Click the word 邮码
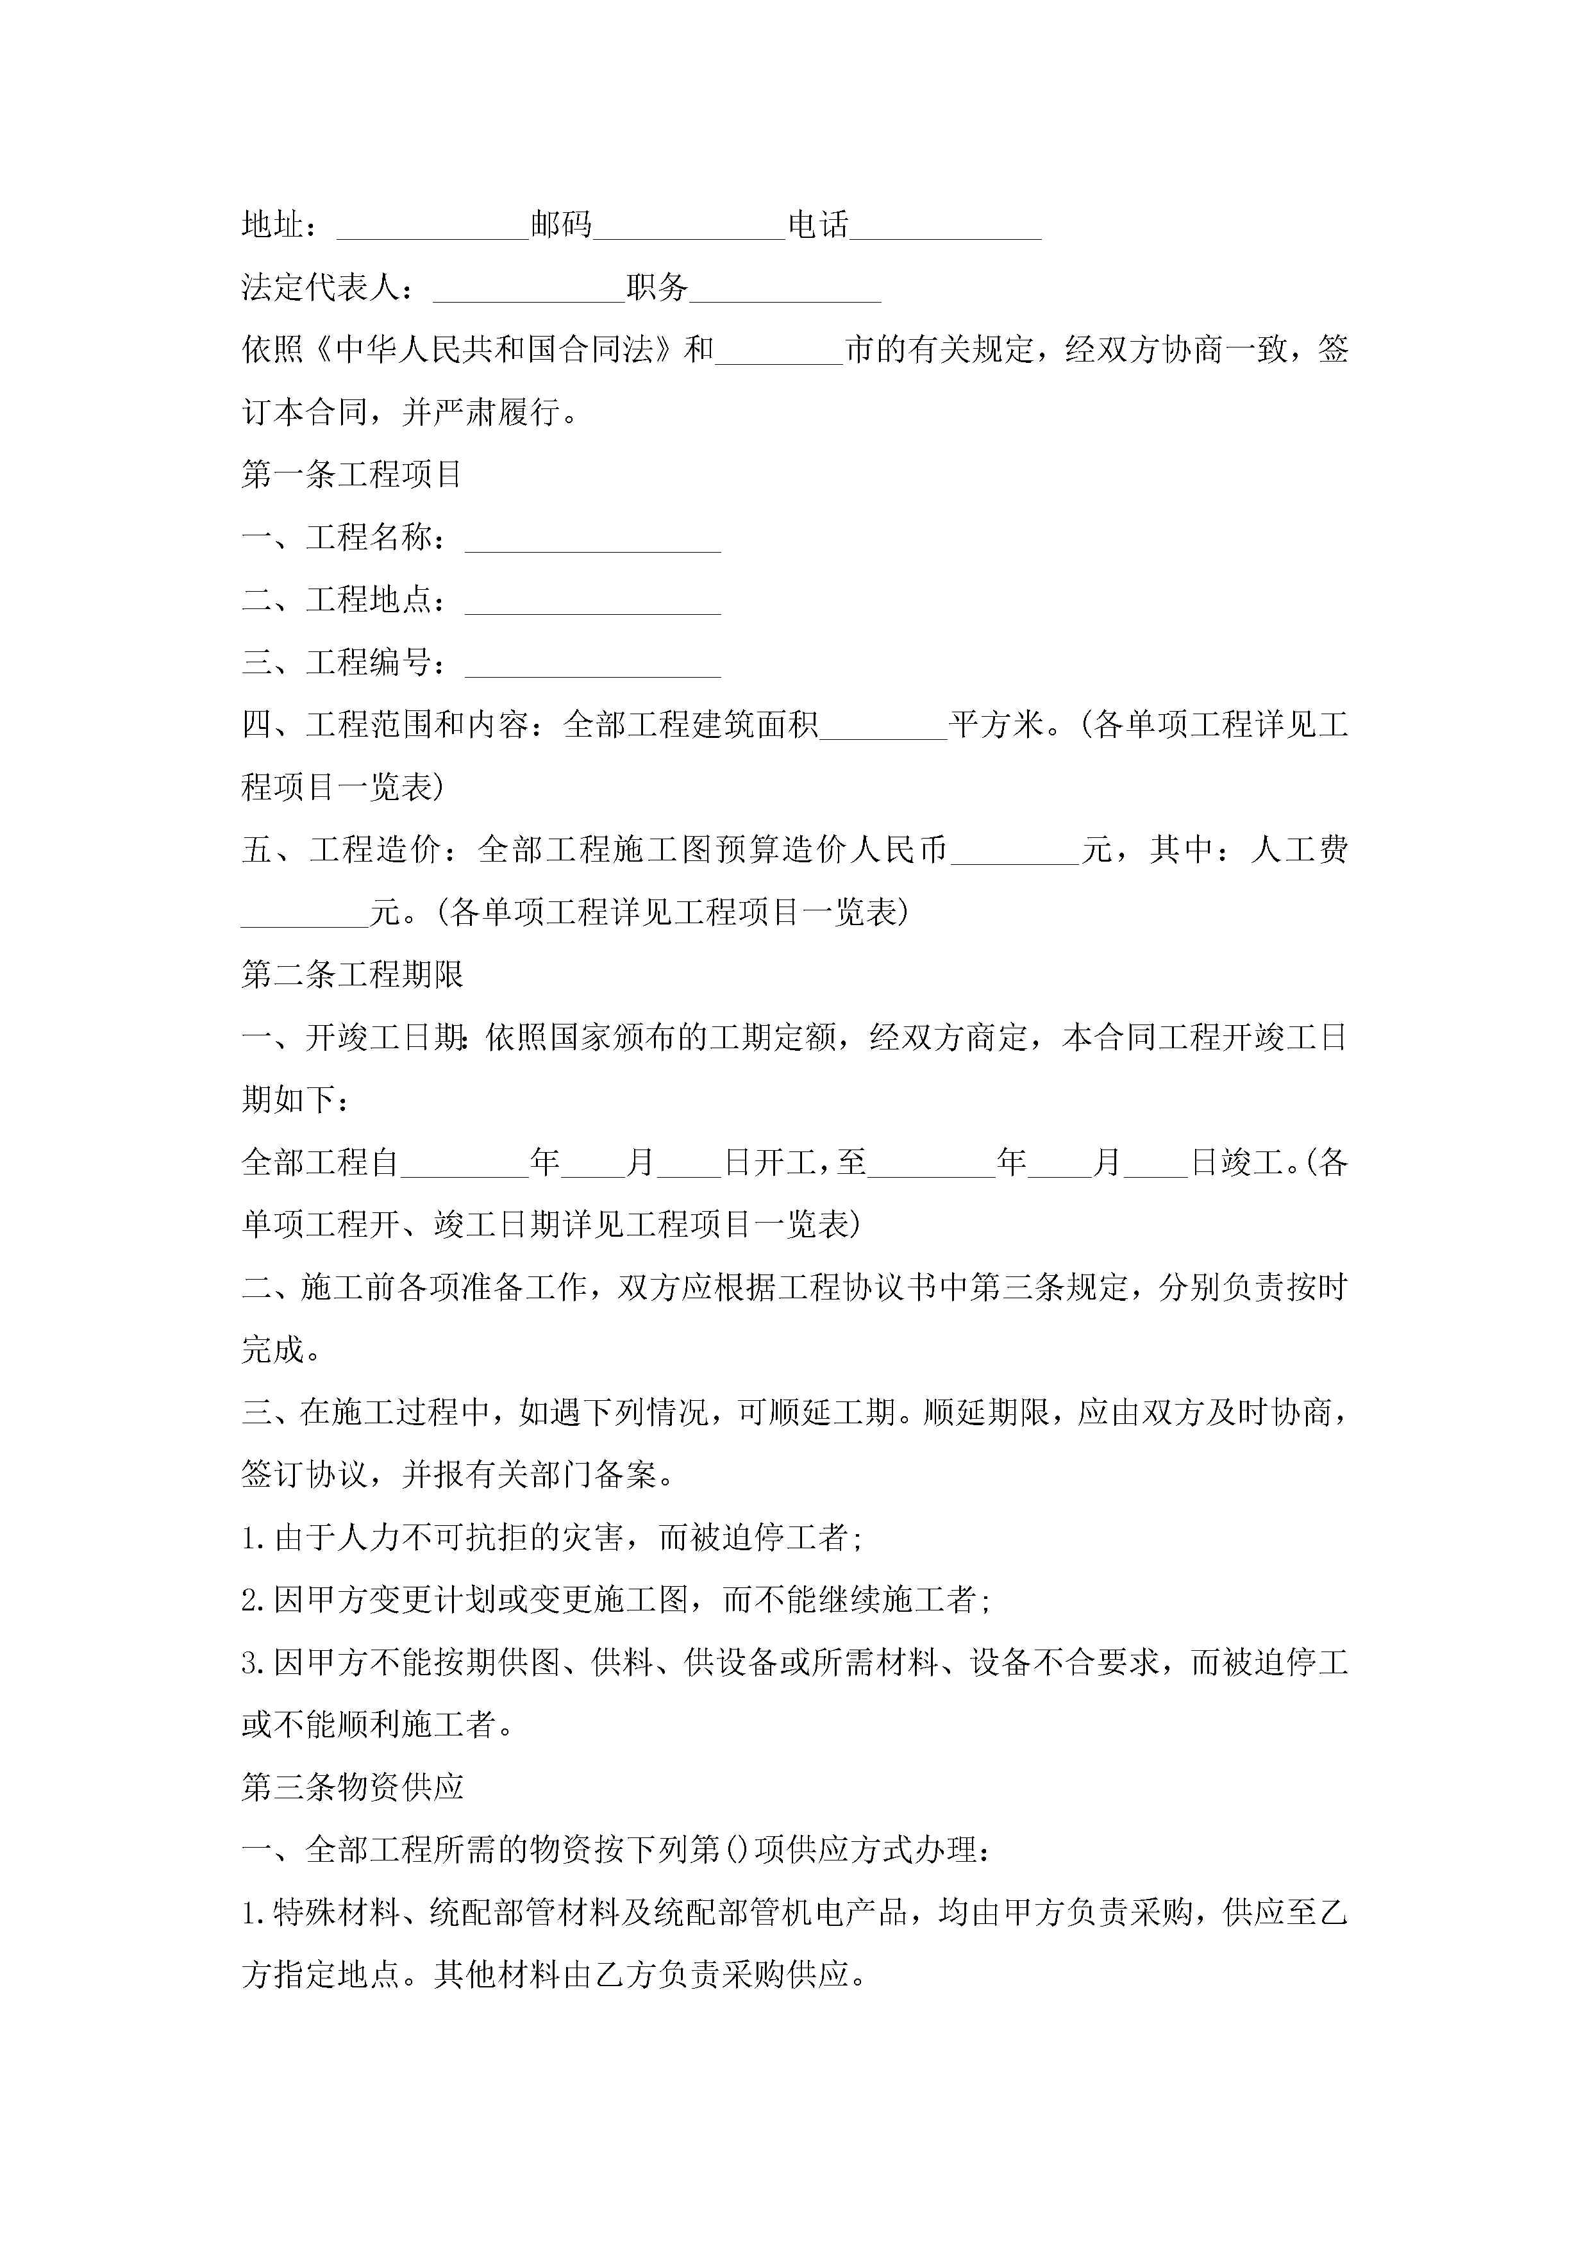tap(562, 225)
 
